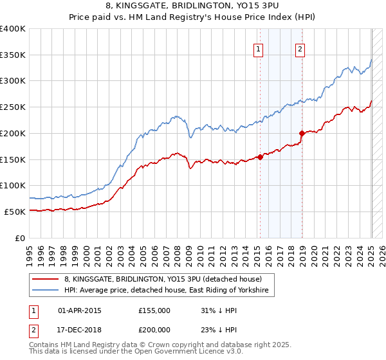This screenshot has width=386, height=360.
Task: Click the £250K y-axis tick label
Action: [x=13, y=107]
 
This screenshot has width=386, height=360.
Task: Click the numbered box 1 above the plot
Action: [x=258, y=48]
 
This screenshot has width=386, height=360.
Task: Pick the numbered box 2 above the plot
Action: [x=300, y=48]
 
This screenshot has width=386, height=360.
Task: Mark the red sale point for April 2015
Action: [x=260, y=156]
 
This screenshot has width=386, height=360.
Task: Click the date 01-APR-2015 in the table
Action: [x=80, y=310]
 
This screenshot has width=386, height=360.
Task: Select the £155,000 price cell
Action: [x=154, y=310]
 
